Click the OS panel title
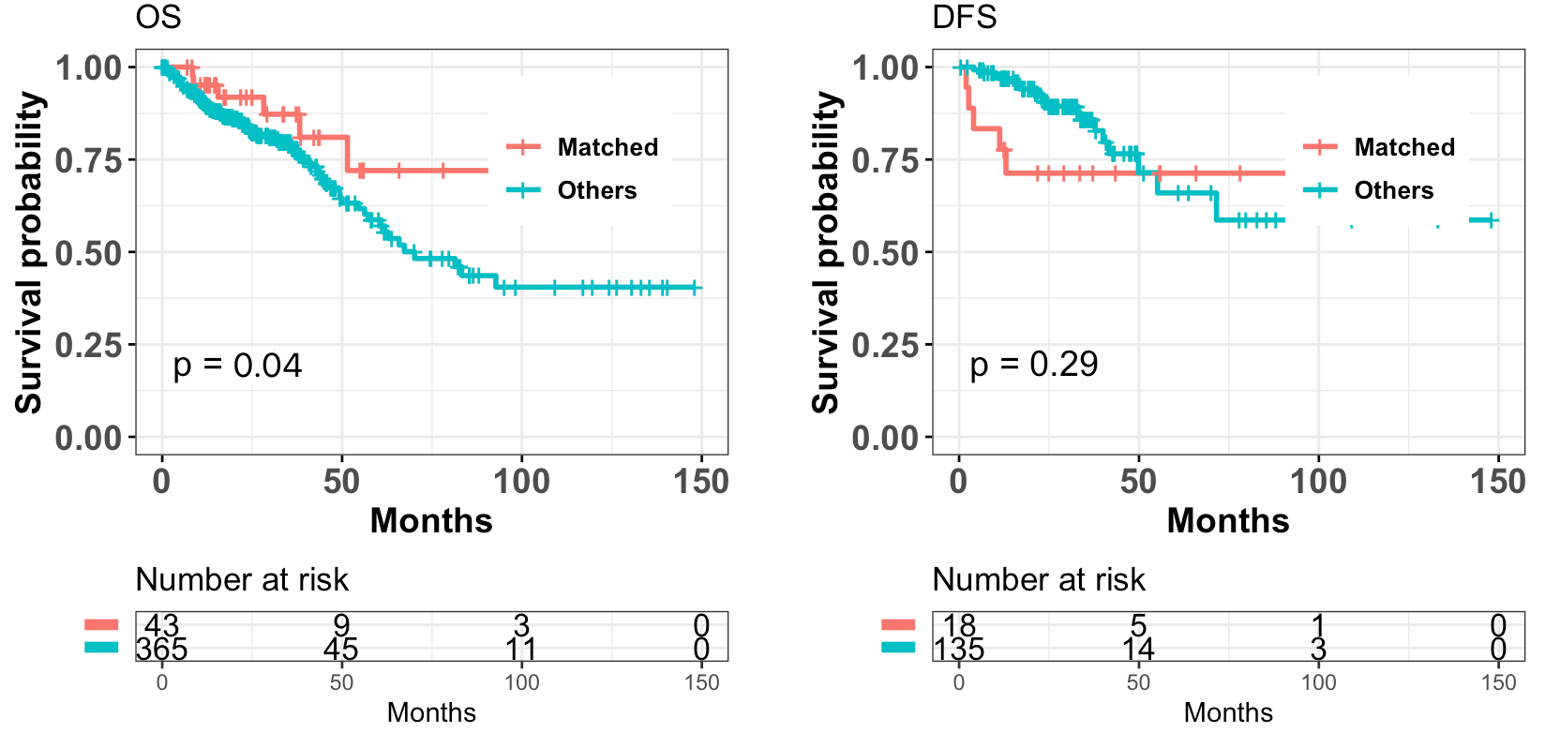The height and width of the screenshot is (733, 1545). pyautogui.click(x=158, y=18)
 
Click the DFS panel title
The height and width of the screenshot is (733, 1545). pyautogui.click(x=964, y=18)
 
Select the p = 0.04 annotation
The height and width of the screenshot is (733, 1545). pyautogui.click(x=237, y=365)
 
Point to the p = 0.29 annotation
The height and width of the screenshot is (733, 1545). pyautogui.click(x=1033, y=364)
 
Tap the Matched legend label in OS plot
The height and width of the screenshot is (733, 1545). pyautogui.click(x=607, y=147)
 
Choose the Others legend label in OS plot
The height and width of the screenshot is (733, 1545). pyautogui.click(x=596, y=190)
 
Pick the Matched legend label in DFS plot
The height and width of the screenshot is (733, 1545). pyautogui.click(x=1404, y=147)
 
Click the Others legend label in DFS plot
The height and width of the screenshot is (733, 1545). pyautogui.click(x=1393, y=190)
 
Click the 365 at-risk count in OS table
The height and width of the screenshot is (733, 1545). pyautogui.click(x=162, y=649)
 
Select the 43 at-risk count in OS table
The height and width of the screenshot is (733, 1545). pyautogui.click(x=162, y=625)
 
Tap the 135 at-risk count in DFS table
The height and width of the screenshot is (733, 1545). pyautogui.click(x=958, y=649)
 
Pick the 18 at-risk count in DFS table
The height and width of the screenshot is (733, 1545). pyautogui.click(x=959, y=625)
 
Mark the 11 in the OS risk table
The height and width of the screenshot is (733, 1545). pyautogui.click(x=521, y=649)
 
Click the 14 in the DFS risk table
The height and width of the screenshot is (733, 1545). pyautogui.click(x=1138, y=649)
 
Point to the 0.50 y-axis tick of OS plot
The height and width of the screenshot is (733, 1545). pyautogui.click(x=88, y=253)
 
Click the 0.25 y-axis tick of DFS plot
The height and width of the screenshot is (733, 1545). pyautogui.click(x=885, y=346)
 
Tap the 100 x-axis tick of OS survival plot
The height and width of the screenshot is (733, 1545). pyautogui.click(x=521, y=482)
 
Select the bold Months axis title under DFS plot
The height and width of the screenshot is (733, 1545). pyautogui.click(x=1227, y=520)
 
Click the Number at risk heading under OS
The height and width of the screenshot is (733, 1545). pyautogui.click(x=242, y=580)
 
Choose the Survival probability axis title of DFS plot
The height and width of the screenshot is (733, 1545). pyautogui.click(x=826, y=252)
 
